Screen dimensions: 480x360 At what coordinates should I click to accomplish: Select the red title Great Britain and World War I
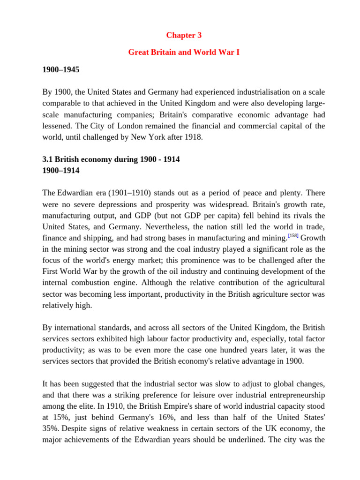[x=184, y=52]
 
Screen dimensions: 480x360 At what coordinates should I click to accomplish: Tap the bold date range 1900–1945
[x=60, y=69]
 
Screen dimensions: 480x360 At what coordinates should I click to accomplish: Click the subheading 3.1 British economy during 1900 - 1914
[x=111, y=159]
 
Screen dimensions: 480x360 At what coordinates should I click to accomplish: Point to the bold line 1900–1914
[x=60, y=171]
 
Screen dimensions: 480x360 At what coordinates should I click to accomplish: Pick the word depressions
[x=114, y=204]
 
